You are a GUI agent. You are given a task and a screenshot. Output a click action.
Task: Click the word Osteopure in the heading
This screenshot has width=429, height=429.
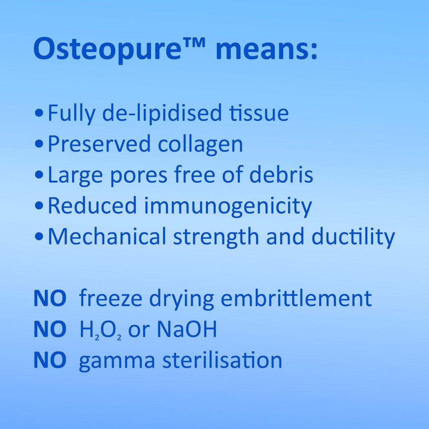pos(107,49)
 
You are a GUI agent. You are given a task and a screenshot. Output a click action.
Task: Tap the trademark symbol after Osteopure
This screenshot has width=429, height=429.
pos(194,42)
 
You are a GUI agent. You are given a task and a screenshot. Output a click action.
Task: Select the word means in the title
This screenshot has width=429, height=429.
pos(266,49)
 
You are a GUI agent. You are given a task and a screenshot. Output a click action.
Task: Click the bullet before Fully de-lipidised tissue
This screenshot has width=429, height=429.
pos(39,113)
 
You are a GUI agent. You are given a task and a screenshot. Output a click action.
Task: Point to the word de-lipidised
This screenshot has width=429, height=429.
pos(162,113)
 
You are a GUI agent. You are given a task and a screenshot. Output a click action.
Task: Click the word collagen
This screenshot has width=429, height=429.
pos(200,144)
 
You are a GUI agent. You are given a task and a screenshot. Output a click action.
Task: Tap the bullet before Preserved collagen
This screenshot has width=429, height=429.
pos(39,144)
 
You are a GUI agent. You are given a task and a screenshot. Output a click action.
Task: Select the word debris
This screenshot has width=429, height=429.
pos(281,174)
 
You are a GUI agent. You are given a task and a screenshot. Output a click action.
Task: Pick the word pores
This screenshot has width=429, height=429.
pos(139,177)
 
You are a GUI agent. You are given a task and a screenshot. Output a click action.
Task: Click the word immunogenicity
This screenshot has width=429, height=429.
pos(228,206)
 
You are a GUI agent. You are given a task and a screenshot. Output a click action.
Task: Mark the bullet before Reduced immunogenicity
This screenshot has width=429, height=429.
pos(39,206)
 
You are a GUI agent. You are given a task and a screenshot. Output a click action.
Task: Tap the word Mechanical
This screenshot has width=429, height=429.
pos(107,236)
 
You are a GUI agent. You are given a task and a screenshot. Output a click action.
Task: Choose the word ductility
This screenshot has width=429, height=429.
pos(353,237)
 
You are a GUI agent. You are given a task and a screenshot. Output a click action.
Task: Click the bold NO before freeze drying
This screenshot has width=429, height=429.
pos(50,298)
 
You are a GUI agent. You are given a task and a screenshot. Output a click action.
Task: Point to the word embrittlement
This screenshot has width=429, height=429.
pos(296,298)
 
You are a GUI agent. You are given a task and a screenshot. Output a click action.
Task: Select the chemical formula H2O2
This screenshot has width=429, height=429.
pos(100,330)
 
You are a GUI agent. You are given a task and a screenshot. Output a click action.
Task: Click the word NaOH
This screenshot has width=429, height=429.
pos(187,329)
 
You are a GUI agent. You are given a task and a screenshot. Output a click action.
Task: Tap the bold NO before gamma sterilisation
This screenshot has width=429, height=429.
pos(50,360)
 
